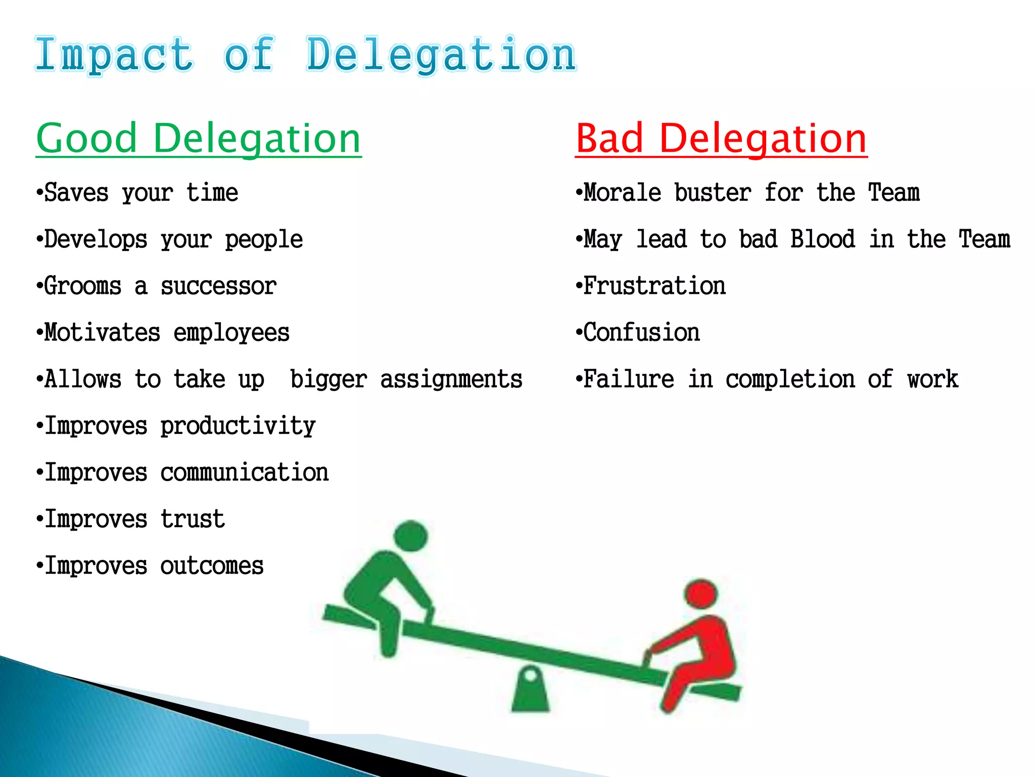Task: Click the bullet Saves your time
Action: [x=137, y=193]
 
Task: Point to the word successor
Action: [x=218, y=286]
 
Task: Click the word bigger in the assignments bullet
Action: [x=328, y=379]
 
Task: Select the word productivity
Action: [x=238, y=426]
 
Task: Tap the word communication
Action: [x=245, y=472]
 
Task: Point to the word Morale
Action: [x=622, y=193]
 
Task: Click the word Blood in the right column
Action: [x=823, y=240]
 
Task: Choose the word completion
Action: [x=790, y=379]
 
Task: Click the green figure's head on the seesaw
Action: [x=410, y=536]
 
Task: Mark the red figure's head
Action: [x=700, y=594]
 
